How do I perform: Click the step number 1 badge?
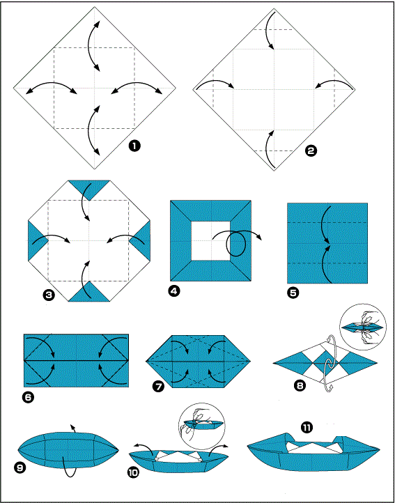[134, 146]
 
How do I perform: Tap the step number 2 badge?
[310, 150]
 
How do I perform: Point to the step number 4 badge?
[174, 291]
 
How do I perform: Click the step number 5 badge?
[292, 293]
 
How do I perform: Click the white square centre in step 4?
[211, 240]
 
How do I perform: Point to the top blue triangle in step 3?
[89, 187]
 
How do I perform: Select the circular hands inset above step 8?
[362, 327]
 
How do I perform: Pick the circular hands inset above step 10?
[202, 424]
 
